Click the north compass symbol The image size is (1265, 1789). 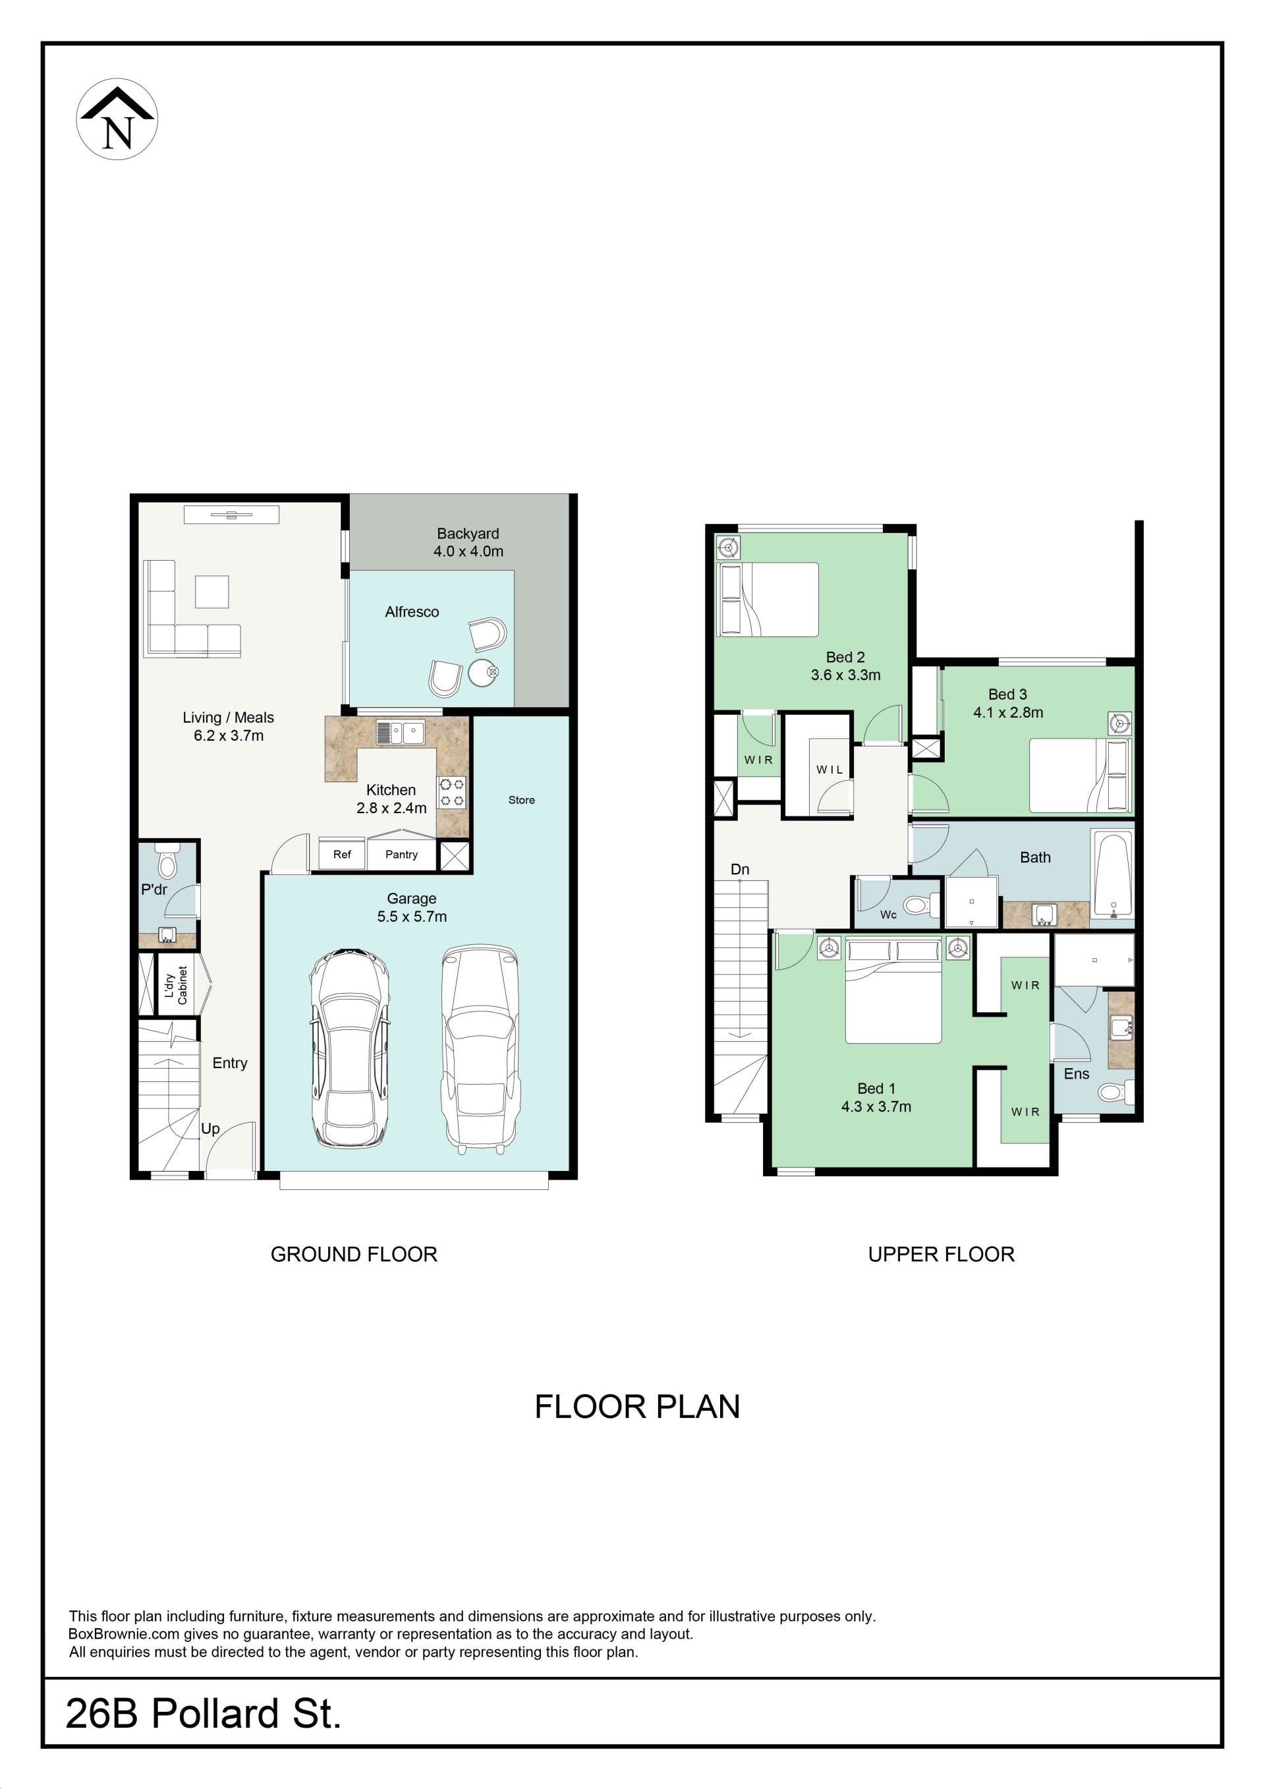(x=117, y=119)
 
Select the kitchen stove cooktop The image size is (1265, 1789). (x=452, y=793)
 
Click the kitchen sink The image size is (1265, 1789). (x=400, y=733)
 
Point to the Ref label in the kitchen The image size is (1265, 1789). (x=342, y=854)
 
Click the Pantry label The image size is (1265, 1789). (x=401, y=854)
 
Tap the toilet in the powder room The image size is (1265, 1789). (x=167, y=860)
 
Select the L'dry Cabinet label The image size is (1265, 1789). (x=176, y=986)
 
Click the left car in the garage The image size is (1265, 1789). (x=350, y=1047)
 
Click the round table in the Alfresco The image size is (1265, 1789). (x=483, y=672)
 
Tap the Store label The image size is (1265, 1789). (x=521, y=800)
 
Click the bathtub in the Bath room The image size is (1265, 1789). (x=1113, y=874)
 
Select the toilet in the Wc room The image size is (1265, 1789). (x=922, y=906)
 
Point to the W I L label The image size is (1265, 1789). (x=829, y=770)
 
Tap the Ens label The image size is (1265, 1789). (x=1077, y=1073)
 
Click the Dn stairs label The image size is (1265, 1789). (x=740, y=870)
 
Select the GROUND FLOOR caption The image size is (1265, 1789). (x=354, y=1255)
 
